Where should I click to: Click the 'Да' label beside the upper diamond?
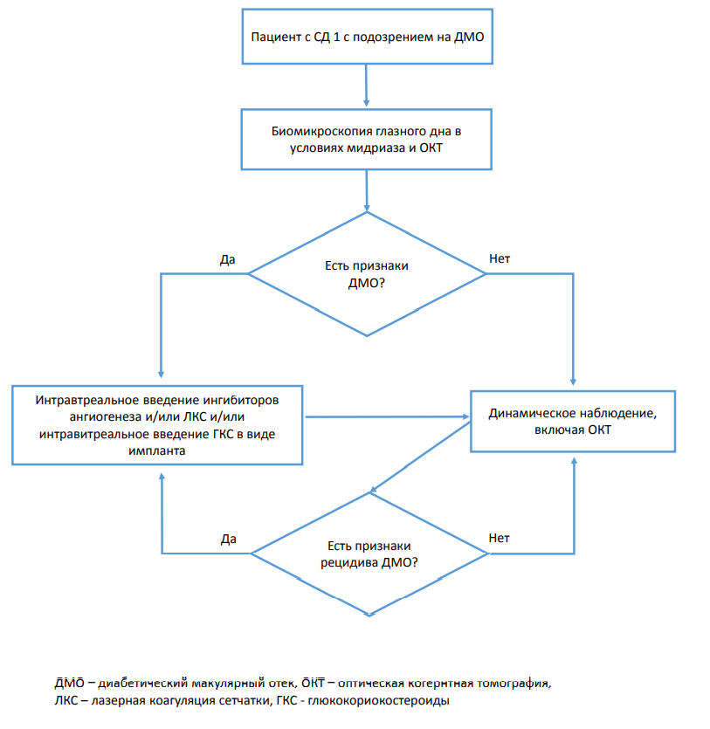tap(227, 259)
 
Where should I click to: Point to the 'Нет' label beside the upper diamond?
tap(500, 258)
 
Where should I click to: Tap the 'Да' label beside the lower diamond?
tap(228, 539)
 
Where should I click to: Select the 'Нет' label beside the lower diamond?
tap(499, 538)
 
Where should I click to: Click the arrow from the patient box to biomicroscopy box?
tap(366, 86)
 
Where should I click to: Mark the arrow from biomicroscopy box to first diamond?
tap(367, 190)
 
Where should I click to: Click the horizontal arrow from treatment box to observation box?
tap(387, 417)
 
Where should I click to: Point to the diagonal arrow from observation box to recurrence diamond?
tap(420, 457)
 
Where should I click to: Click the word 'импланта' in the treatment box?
tap(156, 450)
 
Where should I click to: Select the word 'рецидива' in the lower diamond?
tap(349, 563)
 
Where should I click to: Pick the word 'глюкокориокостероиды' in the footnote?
tap(378, 701)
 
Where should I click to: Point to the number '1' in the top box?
tap(336, 37)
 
